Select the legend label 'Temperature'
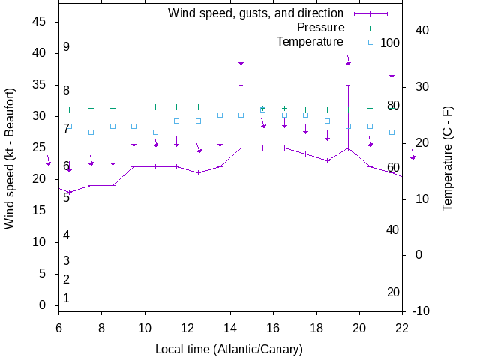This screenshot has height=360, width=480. (310, 42)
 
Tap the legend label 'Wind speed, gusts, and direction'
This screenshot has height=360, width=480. (256, 13)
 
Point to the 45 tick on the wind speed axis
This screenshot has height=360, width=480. (40, 22)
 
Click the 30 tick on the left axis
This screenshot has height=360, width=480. (40, 116)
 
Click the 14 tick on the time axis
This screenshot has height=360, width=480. (230, 326)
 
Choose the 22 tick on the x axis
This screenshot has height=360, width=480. (402, 326)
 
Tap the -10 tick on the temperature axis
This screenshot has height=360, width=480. (421, 310)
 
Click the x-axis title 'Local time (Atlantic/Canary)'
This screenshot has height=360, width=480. (229, 349)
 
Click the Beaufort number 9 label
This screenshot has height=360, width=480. (66, 47)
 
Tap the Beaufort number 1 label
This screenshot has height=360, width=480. (66, 298)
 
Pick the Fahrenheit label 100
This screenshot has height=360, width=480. (390, 43)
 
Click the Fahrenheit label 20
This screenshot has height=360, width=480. (393, 292)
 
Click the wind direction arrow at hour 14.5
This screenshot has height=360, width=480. (241, 60)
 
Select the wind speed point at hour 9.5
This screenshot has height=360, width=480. (133, 166)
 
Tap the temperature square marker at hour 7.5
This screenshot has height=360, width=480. (91, 133)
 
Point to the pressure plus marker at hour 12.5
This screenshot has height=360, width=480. (198, 106)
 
